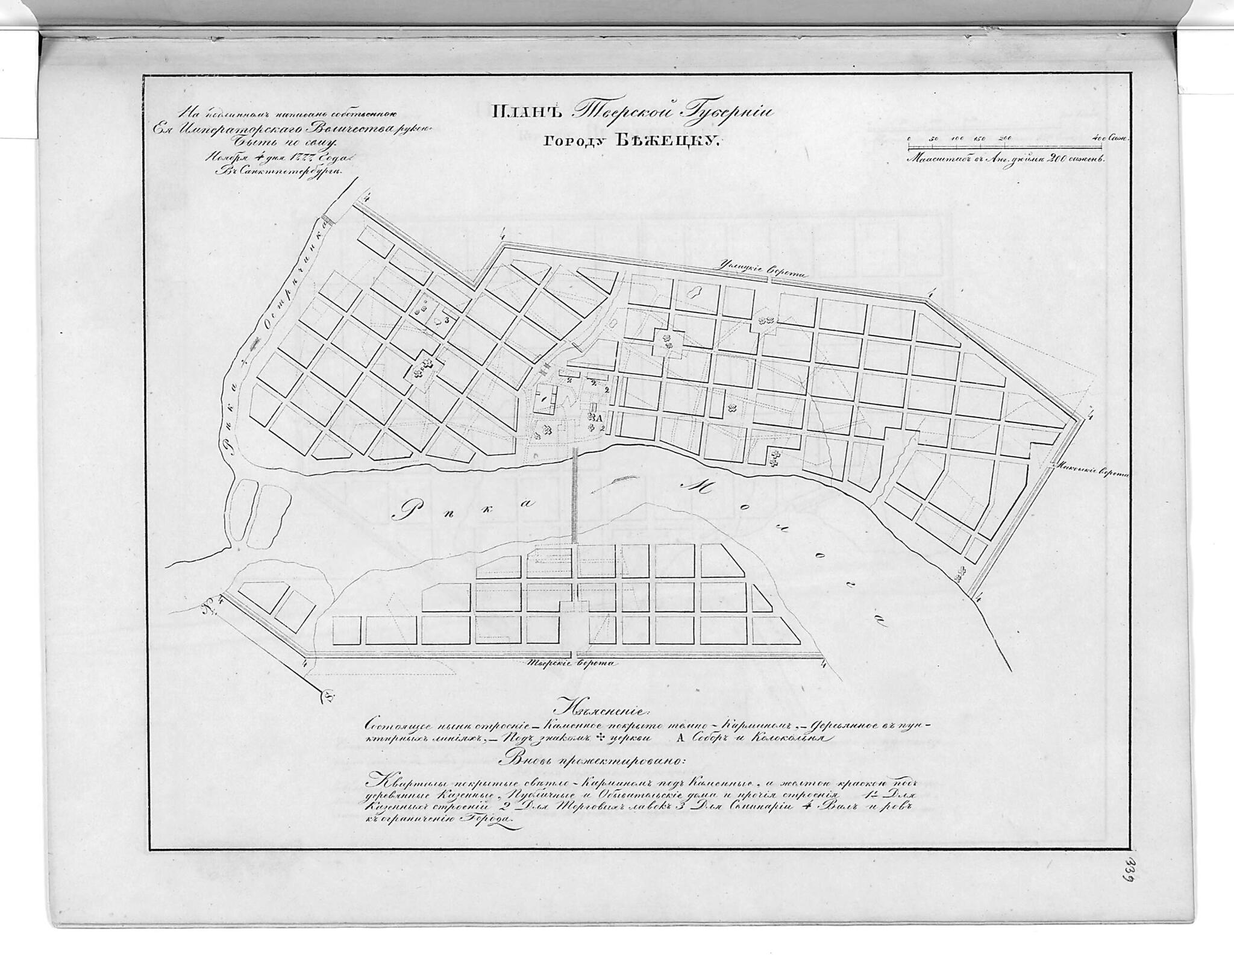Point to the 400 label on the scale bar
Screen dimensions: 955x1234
tap(1098, 139)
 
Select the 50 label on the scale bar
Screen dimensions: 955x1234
tap(933, 139)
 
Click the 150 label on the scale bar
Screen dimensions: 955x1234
tap(979, 139)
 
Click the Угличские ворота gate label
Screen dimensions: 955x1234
tap(761, 272)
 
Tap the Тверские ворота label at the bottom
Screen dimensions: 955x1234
tap(568, 663)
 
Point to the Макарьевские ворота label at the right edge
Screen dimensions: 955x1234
tap(1091, 472)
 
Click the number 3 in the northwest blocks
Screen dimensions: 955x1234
tap(446, 320)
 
